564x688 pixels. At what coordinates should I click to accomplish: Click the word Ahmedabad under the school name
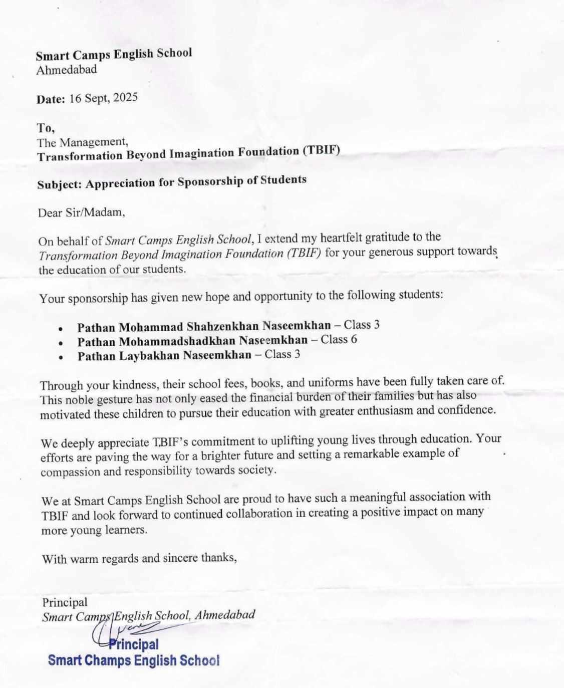click(x=67, y=70)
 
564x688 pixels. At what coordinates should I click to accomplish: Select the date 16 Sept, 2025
click(x=103, y=98)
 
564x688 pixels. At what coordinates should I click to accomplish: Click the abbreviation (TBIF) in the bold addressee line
click(x=322, y=150)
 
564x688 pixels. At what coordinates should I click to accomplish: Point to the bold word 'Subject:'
click(x=59, y=184)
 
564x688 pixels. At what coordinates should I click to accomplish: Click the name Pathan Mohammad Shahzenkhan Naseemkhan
click(x=204, y=327)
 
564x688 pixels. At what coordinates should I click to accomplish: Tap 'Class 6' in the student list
click(x=339, y=340)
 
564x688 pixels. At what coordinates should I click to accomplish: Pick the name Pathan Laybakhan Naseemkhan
click(x=164, y=356)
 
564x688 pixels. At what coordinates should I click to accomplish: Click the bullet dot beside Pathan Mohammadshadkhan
click(x=61, y=344)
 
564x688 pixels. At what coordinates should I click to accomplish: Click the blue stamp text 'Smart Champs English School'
click(x=133, y=660)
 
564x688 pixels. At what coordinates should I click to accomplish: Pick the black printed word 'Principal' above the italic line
click(x=65, y=602)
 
